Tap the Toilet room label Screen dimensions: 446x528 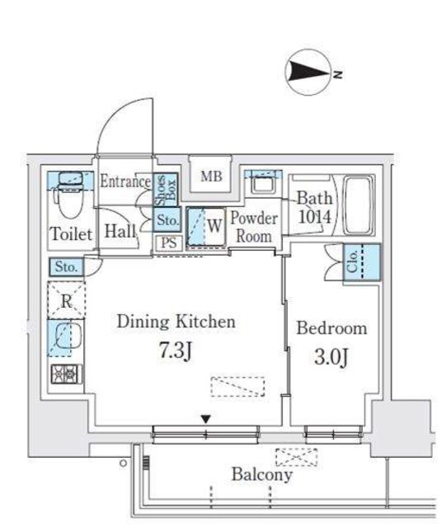click(x=71, y=233)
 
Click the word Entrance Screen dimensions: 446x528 click(x=125, y=181)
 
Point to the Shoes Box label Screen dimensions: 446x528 click(x=166, y=190)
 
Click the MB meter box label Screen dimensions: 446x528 click(x=211, y=176)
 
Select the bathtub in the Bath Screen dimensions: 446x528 click(x=359, y=205)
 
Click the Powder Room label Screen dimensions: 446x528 click(x=254, y=227)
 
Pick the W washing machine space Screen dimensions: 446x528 click(x=206, y=228)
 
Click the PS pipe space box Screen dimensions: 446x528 click(x=169, y=243)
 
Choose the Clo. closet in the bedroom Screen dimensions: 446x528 click(x=362, y=262)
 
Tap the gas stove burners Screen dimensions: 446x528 click(x=66, y=374)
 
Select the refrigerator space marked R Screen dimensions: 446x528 click(x=66, y=299)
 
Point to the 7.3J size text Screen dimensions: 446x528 click(x=176, y=350)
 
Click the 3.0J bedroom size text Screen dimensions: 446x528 click(x=331, y=357)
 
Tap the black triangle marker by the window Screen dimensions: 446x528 click(x=205, y=419)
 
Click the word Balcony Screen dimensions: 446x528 click(x=262, y=475)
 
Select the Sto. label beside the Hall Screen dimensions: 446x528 click(x=167, y=219)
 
